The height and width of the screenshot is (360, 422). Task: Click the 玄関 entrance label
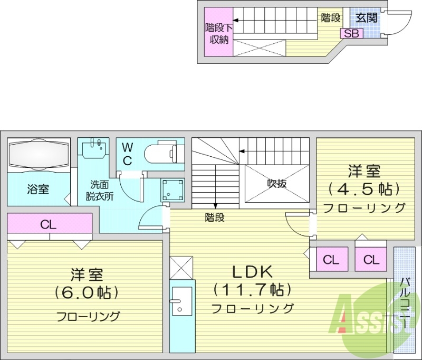(366, 17)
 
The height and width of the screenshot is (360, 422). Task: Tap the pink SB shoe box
(351, 33)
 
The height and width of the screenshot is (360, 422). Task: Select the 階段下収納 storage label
(217, 33)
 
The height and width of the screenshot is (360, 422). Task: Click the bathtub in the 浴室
(39, 154)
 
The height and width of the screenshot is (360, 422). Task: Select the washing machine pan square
(172, 190)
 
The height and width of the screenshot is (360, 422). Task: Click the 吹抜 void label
(276, 184)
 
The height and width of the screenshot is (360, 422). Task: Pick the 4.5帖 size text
(363, 189)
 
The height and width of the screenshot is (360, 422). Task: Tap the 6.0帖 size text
(87, 292)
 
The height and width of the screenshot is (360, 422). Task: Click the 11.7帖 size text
(252, 289)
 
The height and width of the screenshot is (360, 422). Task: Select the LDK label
(252, 272)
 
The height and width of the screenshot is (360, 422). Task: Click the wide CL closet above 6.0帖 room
(49, 224)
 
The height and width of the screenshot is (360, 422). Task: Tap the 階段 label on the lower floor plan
(215, 217)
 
